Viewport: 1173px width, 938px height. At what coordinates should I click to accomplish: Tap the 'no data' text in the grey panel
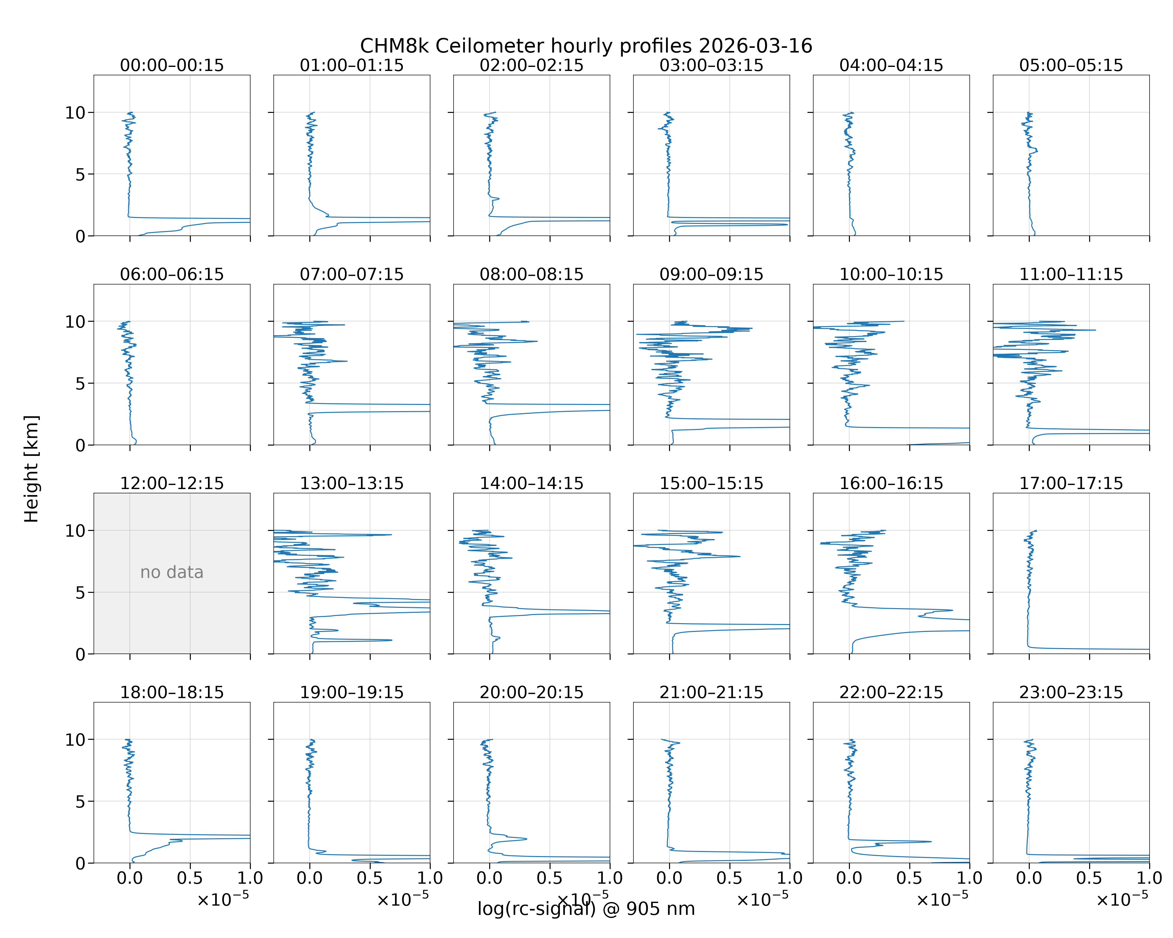172,572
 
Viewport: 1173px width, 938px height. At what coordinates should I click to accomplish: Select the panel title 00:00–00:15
172,65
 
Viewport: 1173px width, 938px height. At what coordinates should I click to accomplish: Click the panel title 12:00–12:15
172,483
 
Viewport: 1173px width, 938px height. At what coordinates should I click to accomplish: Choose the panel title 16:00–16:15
891,483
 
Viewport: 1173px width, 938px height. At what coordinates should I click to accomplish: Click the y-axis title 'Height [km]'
32,469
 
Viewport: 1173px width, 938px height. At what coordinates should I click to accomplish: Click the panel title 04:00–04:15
891,65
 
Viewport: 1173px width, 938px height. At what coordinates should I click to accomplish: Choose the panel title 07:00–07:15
352,274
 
